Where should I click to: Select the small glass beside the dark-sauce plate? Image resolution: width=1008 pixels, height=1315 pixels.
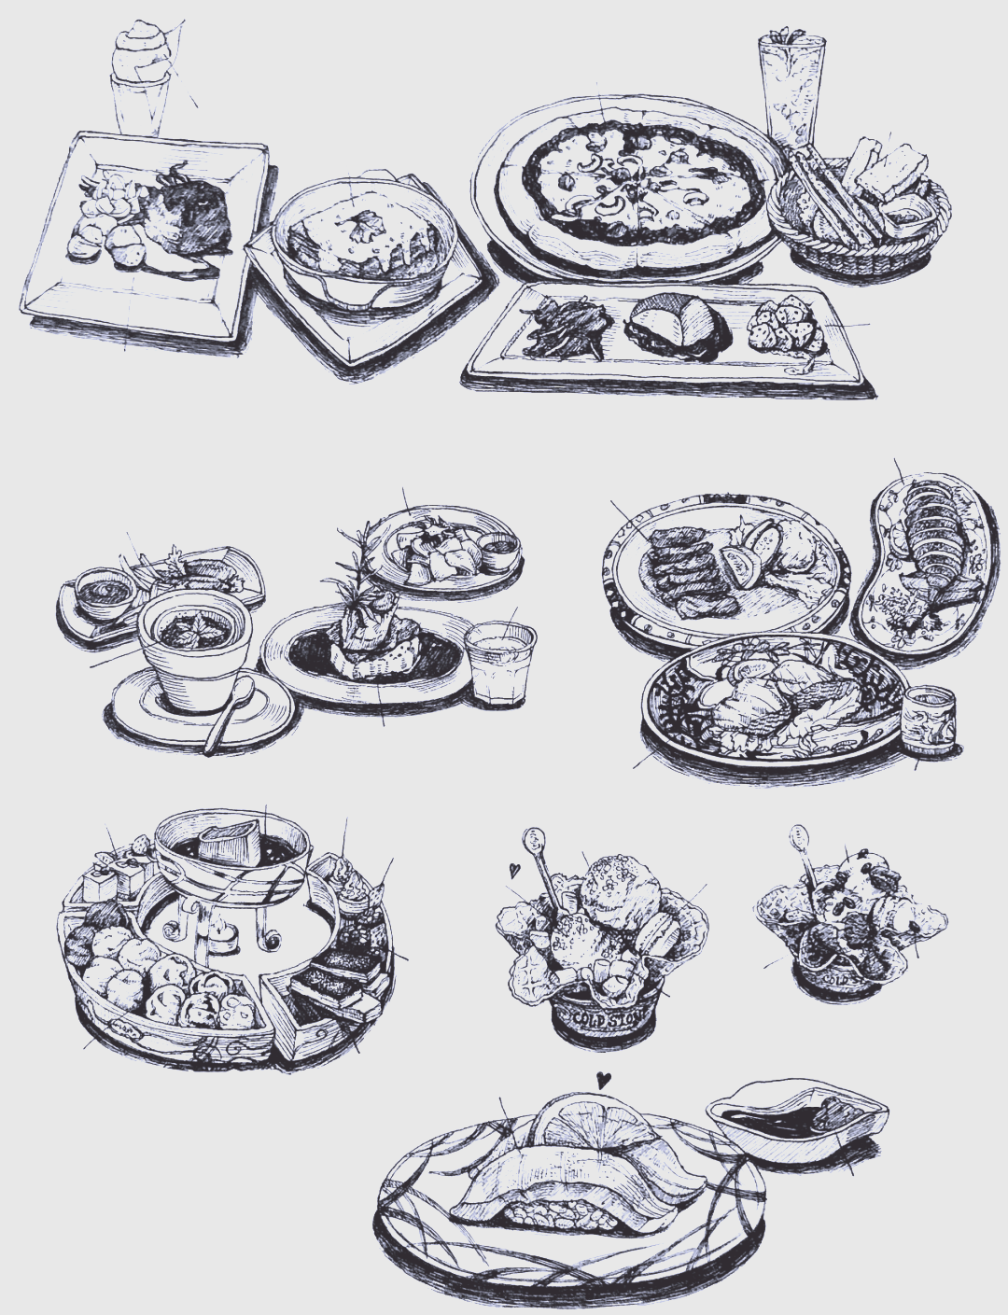pyautogui.click(x=500, y=661)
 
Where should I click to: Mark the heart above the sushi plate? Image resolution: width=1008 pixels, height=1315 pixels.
pyautogui.click(x=603, y=1080)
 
